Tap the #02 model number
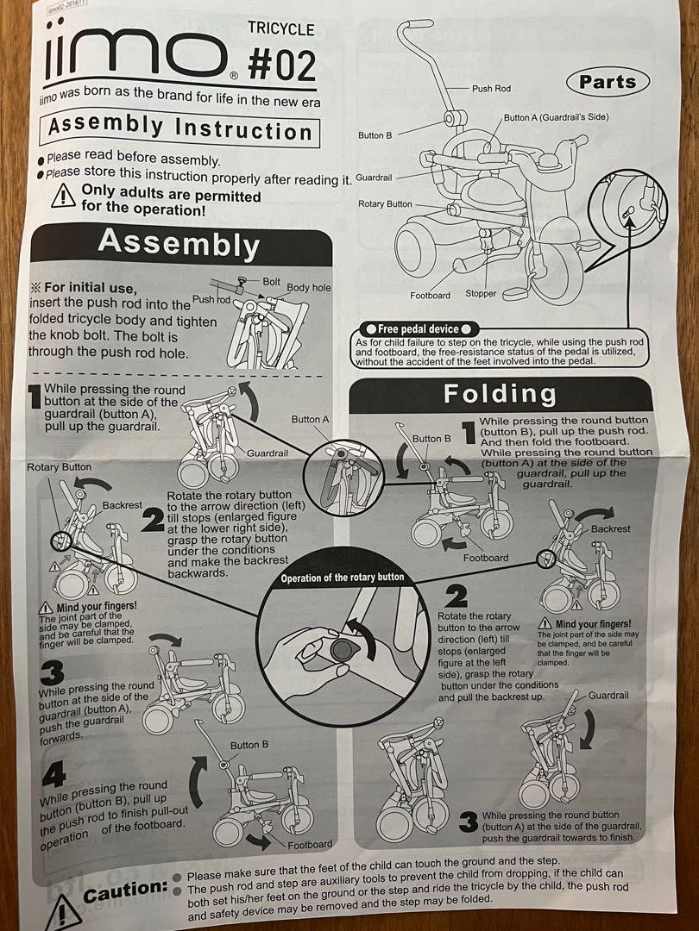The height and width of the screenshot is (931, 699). [281, 64]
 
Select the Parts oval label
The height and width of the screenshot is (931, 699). [608, 82]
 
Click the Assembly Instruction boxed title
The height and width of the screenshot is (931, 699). [179, 128]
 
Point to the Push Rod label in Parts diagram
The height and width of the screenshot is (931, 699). [491, 89]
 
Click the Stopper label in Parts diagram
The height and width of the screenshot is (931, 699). [481, 293]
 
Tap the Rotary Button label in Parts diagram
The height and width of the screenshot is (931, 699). [385, 203]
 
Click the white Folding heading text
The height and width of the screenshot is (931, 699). [500, 394]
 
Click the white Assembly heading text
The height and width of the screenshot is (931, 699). [179, 244]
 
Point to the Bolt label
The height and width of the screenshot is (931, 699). [271, 281]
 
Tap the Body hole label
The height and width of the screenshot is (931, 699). [308, 287]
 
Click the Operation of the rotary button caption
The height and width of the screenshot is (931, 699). [342, 577]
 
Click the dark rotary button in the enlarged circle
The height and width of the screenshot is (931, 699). [341, 650]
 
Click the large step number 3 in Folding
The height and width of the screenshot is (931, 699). [469, 822]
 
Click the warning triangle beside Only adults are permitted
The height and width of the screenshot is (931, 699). [63, 196]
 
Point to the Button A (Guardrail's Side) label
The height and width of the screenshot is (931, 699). [556, 117]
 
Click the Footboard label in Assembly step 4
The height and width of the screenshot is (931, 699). [310, 844]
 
